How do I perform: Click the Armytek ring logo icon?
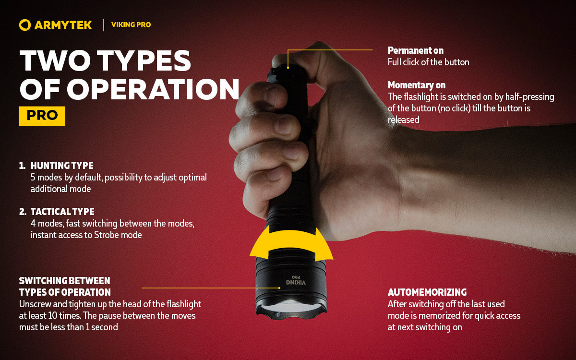(x=25, y=25)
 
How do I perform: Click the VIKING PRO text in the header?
(x=131, y=24)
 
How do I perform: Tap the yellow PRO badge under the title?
(x=42, y=116)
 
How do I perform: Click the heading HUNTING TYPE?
(x=62, y=166)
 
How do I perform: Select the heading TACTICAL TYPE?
(x=62, y=212)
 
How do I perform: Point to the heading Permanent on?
(x=415, y=50)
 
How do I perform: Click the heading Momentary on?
(x=417, y=85)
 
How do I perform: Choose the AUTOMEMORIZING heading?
(x=427, y=292)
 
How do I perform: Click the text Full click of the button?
(x=428, y=62)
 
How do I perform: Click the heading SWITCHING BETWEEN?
(x=64, y=281)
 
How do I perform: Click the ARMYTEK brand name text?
(x=63, y=25)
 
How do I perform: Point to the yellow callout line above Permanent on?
(x=331, y=49)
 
